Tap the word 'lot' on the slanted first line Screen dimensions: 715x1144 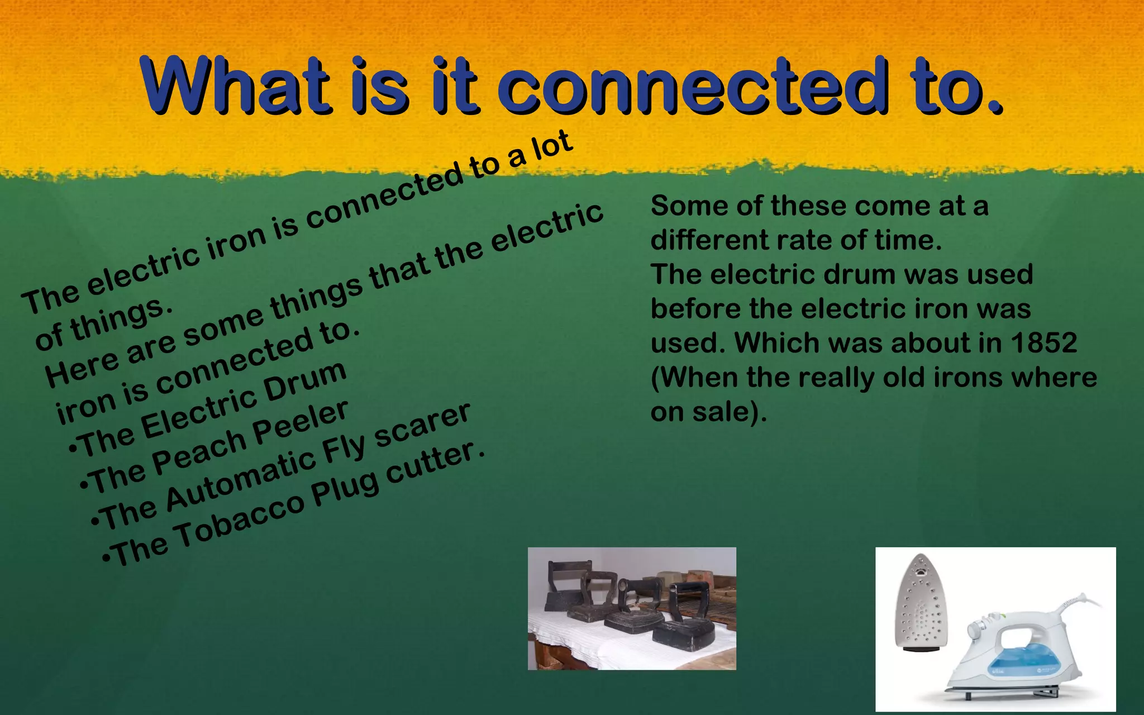coord(551,146)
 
